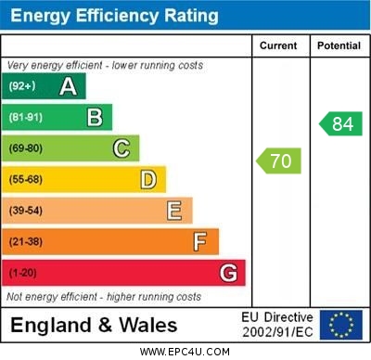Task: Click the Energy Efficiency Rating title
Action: (114, 16)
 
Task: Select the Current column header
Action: (278, 45)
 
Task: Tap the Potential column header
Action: (339, 45)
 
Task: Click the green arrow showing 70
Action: (278, 161)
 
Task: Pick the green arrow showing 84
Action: (340, 123)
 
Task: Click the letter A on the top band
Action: (68, 86)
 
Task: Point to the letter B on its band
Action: (95, 117)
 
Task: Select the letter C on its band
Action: (122, 148)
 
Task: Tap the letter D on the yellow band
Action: (148, 179)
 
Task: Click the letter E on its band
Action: (173, 211)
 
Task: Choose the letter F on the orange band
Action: (200, 242)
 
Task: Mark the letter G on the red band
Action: (228, 273)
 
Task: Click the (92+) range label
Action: (22, 87)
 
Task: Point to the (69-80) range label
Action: (26, 148)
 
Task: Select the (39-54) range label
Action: (26, 211)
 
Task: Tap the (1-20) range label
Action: (23, 274)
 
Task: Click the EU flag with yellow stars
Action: (341, 325)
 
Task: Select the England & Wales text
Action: (94, 325)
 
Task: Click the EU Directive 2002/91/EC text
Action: (277, 325)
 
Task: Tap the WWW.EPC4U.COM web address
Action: (185, 352)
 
